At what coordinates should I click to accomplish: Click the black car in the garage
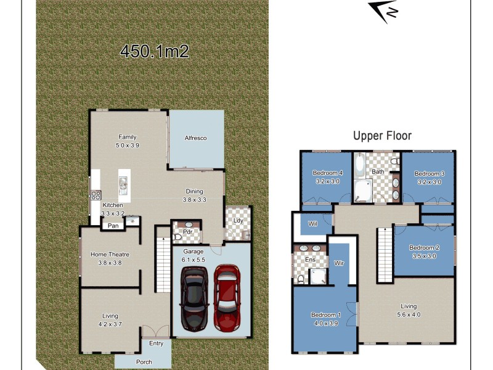(x=194, y=298)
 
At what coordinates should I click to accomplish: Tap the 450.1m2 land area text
(x=154, y=51)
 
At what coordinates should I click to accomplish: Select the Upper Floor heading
(x=382, y=136)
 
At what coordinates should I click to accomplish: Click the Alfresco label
(x=195, y=138)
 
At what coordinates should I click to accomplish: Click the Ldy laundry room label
(x=237, y=220)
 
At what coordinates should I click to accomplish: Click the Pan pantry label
(x=113, y=226)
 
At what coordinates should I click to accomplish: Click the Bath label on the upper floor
(x=378, y=171)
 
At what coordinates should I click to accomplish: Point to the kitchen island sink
(x=123, y=183)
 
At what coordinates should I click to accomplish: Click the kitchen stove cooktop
(x=96, y=195)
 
